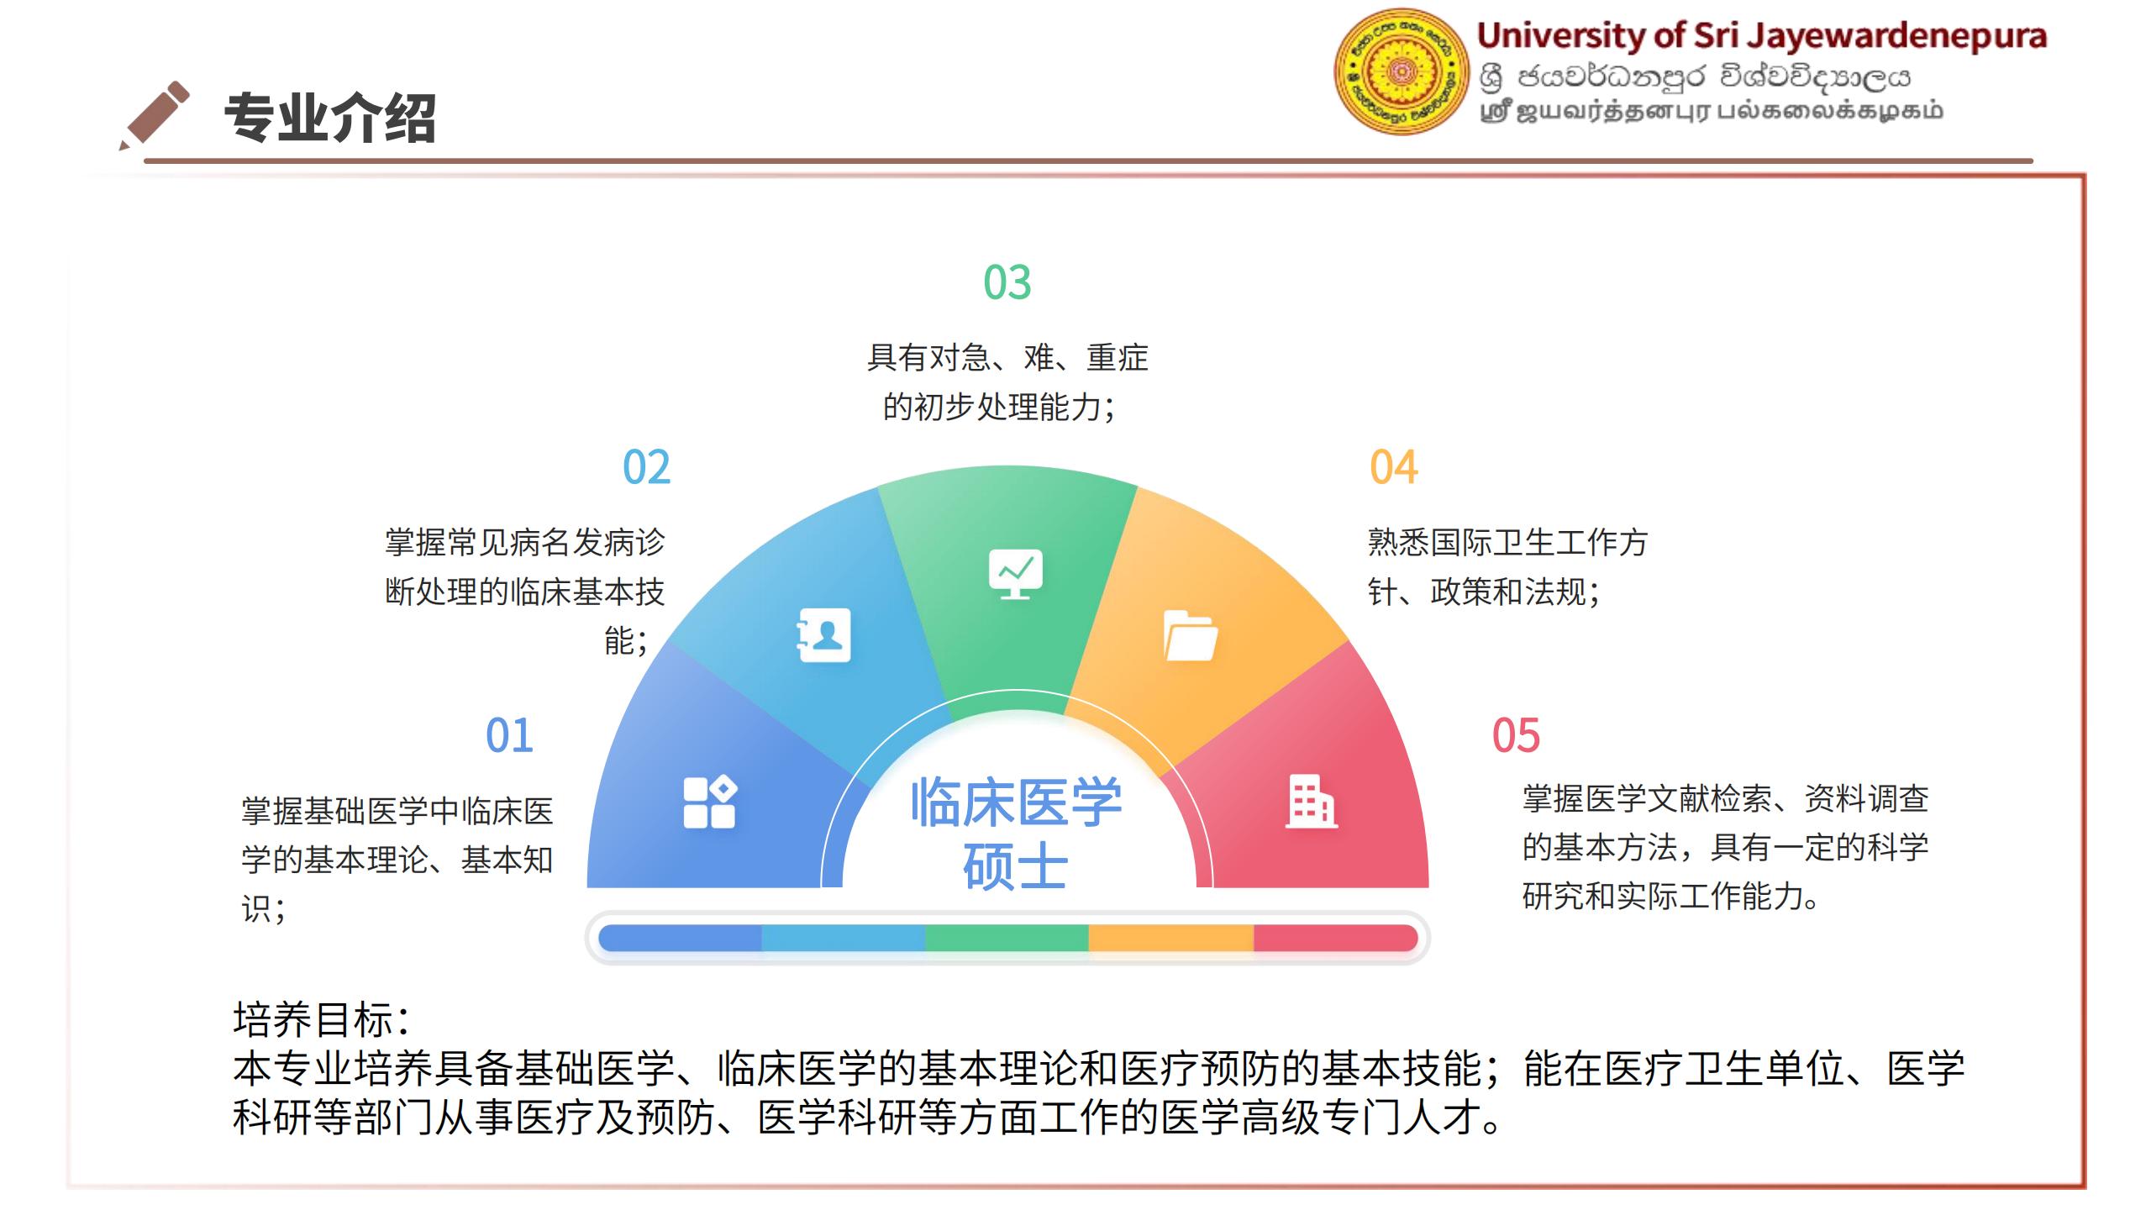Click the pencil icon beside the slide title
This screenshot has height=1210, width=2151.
pyautogui.click(x=155, y=116)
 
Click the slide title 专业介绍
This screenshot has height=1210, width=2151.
pyautogui.click(x=330, y=118)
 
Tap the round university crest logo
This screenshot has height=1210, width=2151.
pyautogui.click(x=1401, y=72)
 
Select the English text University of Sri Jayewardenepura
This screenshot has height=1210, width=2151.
pyautogui.click(x=1761, y=35)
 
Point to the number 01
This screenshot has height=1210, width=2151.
pyautogui.click(x=510, y=735)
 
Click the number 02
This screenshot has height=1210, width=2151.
pyautogui.click(x=647, y=467)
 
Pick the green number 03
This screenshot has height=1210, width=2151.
pyautogui.click(x=1007, y=282)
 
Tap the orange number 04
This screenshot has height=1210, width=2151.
pyautogui.click(x=1394, y=467)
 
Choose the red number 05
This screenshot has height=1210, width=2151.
pyautogui.click(x=1516, y=735)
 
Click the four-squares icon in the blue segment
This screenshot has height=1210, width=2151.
pyautogui.click(x=710, y=802)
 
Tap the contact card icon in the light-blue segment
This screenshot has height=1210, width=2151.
pyautogui.click(x=823, y=635)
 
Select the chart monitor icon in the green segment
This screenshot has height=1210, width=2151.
pyautogui.click(x=1015, y=573)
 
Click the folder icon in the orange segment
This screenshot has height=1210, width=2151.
pyautogui.click(x=1190, y=635)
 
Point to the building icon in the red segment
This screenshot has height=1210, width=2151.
pyautogui.click(x=1311, y=802)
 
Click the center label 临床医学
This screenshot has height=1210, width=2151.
pyautogui.click(x=1016, y=802)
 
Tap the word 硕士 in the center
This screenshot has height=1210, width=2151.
pyautogui.click(x=1015, y=867)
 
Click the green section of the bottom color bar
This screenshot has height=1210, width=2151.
pyautogui.click(x=1007, y=938)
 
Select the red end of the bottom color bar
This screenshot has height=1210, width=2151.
pyautogui.click(x=1336, y=938)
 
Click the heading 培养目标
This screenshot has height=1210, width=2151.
pyautogui.click(x=321, y=1019)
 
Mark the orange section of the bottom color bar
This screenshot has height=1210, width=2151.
pyautogui.click(x=1171, y=938)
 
